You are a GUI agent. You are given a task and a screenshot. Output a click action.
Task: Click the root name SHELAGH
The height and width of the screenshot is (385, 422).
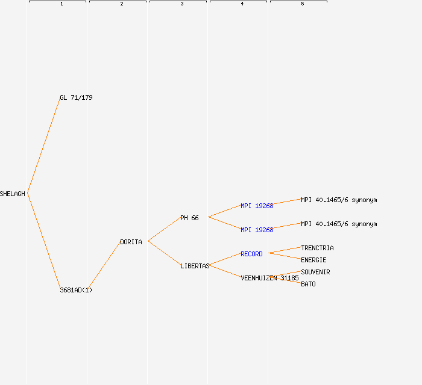pyautogui.click(x=13, y=194)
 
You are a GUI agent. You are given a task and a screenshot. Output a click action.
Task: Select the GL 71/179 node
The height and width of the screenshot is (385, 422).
pyautogui.click(x=76, y=97)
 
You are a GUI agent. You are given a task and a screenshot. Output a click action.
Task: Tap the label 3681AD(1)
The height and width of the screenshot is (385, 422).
pyautogui.click(x=76, y=290)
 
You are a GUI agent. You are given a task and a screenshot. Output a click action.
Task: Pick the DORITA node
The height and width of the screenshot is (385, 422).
pyautogui.click(x=131, y=242)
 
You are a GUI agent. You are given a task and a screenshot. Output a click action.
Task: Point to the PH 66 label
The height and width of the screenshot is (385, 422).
pyautogui.click(x=189, y=218)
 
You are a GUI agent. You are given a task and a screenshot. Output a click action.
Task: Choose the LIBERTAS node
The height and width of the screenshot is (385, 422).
pyautogui.click(x=195, y=266)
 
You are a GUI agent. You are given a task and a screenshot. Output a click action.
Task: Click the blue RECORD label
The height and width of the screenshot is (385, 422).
pyautogui.click(x=251, y=254)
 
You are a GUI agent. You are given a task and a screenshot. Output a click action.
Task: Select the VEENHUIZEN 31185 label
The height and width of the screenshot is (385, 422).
pyautogui.click(x=269, y=278)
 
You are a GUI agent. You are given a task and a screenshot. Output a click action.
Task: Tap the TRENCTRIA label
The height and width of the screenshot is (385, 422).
pyautogui.click(x=317, y=248)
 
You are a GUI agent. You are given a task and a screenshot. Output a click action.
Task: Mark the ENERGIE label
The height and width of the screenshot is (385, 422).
pyautogui.click(x=313, y=260)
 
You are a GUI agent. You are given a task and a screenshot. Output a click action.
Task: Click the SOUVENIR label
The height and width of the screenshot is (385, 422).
pyautogui.click(x=315, y=272)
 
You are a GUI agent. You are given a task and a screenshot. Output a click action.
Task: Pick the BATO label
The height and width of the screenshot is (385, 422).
pyautogui.click(x=308, y=284)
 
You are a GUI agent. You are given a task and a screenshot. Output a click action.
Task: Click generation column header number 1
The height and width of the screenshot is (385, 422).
pyautogui.click(x=61, y=4)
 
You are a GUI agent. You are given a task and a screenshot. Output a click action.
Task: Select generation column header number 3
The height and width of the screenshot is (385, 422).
pyautogui.click(x=181, y=4)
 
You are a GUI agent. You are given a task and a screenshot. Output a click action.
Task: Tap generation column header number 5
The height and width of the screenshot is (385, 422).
pyautogui.click(x=302, y=4)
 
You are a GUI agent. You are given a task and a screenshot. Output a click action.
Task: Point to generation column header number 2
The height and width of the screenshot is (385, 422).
pyautogui.click(x=121, y=4)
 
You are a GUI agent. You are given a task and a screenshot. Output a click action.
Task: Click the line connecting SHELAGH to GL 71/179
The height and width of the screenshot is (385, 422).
pyautogui.click(x=43, y=146)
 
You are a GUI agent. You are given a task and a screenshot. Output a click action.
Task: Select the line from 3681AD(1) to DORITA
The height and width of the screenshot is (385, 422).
pyautogui.click(x=104, y=266)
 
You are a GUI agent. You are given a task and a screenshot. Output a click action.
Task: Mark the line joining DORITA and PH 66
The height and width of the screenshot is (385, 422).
pyautogui.click(x=164, y=229)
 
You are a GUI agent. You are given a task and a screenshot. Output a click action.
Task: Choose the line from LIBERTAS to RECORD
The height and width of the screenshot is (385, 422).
pyautogui.click(x=225, y=259)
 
